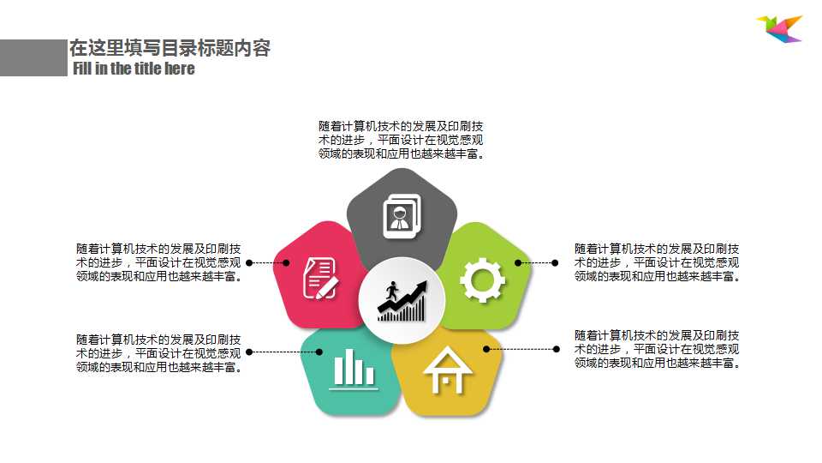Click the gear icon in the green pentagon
(482, 280)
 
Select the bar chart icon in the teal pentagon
(353, 370)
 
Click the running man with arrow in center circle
(402, 301)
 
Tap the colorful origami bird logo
(779, 28)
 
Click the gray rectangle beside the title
(33, 57)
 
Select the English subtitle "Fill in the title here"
(134, 69)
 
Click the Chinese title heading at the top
(170, 48)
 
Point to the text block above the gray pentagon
(402, 140)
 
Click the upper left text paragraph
(158, 262)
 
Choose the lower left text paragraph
(158, 353)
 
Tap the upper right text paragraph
(657, 262)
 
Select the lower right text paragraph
(657, 349)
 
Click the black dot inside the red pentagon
(287, 263)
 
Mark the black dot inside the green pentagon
(517, 263)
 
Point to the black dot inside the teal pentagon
(319, 352)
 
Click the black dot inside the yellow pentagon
(486, 349)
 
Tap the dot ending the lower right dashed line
(556, 349)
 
